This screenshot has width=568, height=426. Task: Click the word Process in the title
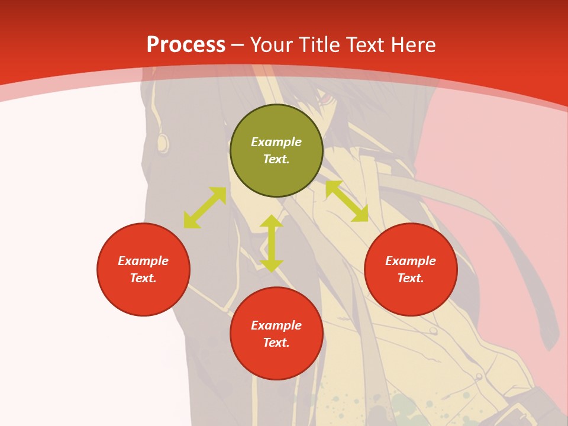(186, 45)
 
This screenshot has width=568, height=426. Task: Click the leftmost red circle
(143, 269)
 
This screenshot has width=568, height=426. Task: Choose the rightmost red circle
(411, 269)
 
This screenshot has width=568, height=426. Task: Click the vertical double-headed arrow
(272, 244)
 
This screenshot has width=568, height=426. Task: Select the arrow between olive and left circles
(205, 208)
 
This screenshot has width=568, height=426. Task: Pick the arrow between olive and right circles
(347, 201)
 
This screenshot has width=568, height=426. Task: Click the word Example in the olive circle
(276, 142)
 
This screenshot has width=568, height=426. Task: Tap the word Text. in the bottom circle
(276, 343)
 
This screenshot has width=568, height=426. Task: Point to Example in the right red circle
(411, 261)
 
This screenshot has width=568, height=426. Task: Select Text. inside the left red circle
(143, 278)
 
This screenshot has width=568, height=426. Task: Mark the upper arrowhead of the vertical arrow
(272, 222)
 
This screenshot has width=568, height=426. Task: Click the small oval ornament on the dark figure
(162, 142)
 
